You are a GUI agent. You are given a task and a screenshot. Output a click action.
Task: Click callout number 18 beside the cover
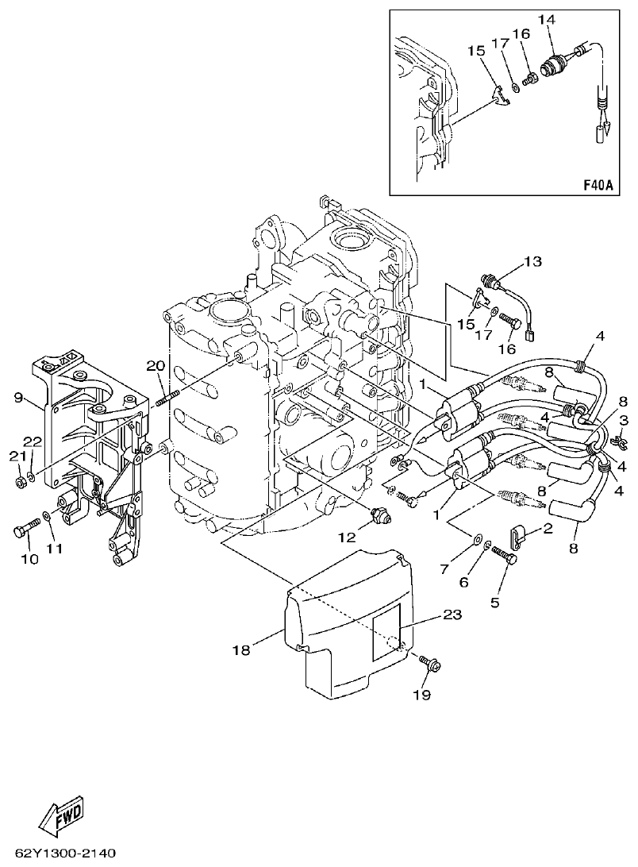[242, 649]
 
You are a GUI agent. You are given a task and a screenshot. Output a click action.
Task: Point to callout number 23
[452, 614]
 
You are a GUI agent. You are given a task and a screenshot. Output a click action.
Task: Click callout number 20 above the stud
[155, 365]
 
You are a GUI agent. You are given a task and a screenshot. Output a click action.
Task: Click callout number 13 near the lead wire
[532, 262]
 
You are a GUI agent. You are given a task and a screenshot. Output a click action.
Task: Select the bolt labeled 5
[505, 559]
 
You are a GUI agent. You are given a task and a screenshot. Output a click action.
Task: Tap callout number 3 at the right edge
[625, 419]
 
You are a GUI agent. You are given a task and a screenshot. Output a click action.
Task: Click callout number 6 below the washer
[465, 582]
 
